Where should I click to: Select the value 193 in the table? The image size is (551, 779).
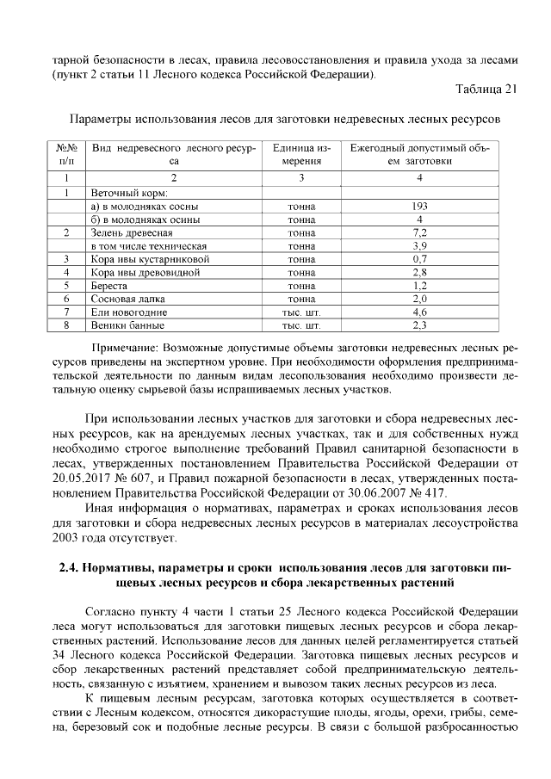coord(420,207)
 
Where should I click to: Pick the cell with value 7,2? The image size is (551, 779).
coord(420,232)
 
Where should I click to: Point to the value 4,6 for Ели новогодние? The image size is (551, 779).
coord(420,312)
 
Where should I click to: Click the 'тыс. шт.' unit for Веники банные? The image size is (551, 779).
coord(301,325)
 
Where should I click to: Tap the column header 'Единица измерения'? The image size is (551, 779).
coord(301,154)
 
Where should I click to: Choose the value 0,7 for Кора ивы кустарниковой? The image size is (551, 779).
coord(420,259)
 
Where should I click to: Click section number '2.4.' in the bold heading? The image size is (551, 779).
coord(71,569)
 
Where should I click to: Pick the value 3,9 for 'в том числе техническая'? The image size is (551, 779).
coord(420,246)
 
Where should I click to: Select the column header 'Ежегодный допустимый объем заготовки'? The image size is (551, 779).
coord(420,154)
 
